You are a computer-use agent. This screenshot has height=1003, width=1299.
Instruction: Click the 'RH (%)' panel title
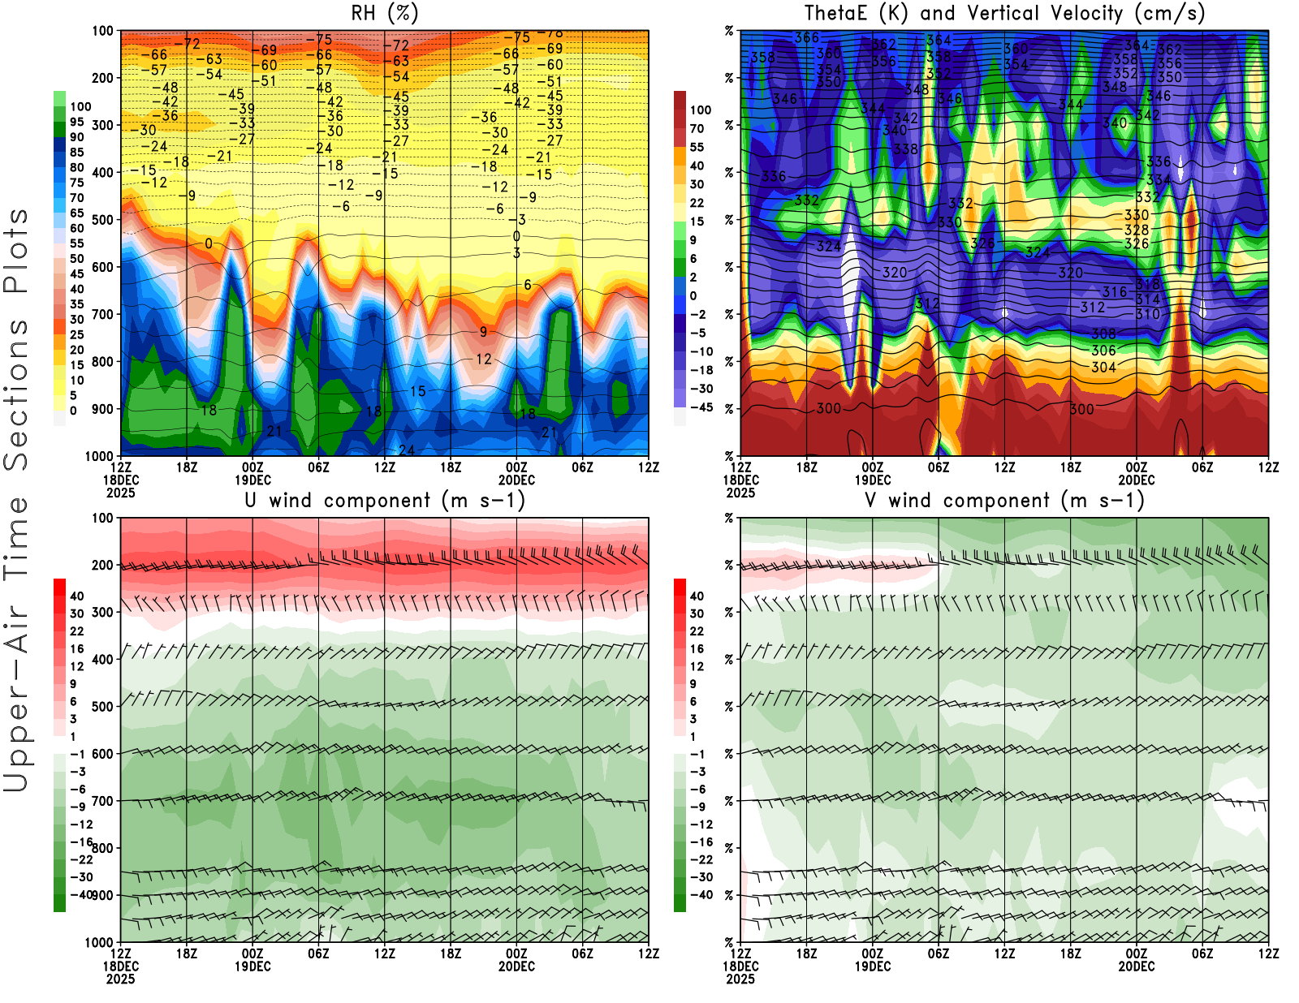tap(384, 14)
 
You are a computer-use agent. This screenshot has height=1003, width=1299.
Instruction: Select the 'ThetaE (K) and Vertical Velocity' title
tap(1004, 14)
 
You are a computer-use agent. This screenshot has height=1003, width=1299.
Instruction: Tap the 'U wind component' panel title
tap(384, 501)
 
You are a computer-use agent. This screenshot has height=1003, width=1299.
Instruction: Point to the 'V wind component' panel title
tap(1004, 501)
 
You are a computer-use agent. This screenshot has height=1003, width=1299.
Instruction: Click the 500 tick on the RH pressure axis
tap(103, 220)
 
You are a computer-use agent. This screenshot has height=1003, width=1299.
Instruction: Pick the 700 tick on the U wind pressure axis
tap(103, 801)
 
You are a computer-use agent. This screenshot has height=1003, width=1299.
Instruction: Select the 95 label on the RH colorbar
tap(77, 122)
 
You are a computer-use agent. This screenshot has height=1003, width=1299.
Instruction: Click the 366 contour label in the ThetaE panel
tap(806, 38)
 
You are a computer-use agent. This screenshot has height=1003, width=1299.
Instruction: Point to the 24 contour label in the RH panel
tap(407, 450)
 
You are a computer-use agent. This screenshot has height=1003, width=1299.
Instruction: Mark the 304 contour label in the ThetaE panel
tap(1103, 367)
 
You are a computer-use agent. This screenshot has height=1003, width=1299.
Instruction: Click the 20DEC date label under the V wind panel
tap(1136, 966)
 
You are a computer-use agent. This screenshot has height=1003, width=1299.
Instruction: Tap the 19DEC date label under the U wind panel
tap(252, 966)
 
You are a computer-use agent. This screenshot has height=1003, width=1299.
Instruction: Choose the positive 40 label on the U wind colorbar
tap(77, 596)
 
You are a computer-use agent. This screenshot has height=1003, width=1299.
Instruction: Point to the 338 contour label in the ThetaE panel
tap(905, 149)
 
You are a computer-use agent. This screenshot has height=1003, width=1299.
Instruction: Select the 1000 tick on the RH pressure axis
tap(99, 456)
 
